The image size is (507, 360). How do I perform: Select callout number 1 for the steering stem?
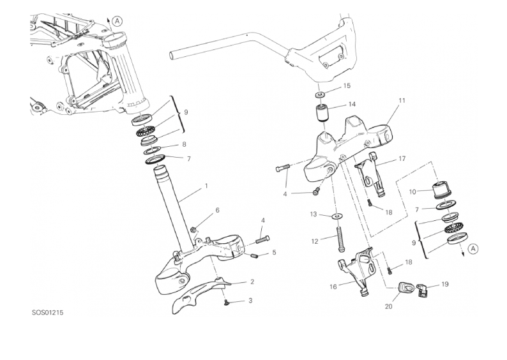[x=206, y=187]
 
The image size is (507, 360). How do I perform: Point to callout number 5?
[x=274, y=253]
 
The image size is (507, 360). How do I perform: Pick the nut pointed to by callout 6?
[x=193, y=229]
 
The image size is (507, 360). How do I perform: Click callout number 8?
[x=185, y=145]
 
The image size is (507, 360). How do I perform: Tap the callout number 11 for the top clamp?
[x=402, y=101]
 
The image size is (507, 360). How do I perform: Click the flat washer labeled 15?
[x=321, y=94]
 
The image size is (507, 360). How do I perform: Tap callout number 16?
[x=333, y=287]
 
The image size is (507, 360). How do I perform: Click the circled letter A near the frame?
[x=117, y=21]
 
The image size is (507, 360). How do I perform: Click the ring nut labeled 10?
[x=441, y=190]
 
